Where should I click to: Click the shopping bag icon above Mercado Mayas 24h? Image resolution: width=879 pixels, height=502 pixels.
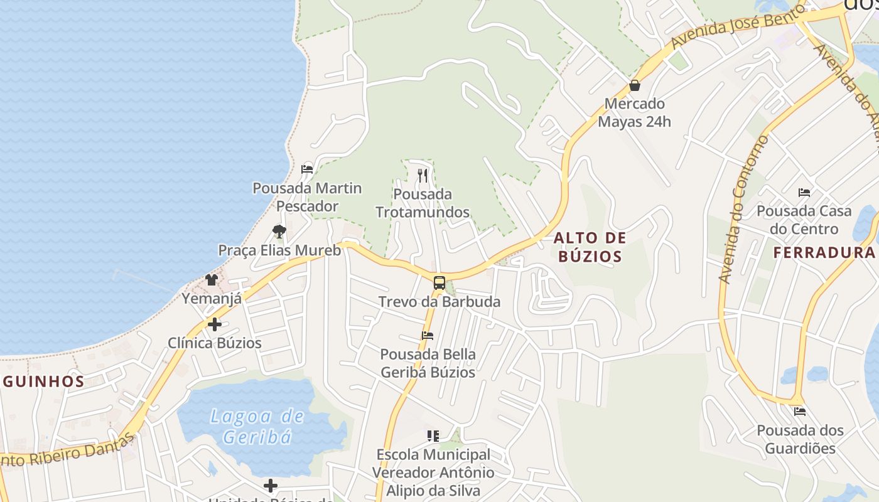[x=635, y=85]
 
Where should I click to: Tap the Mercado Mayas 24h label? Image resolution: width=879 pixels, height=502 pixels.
[x=634, y=112]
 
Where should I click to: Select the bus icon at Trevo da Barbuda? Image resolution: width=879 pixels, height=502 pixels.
[x=439, y=282]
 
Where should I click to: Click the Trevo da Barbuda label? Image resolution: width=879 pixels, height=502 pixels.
[x=439, y=302]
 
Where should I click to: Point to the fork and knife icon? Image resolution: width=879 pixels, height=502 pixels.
[x=423, y=176]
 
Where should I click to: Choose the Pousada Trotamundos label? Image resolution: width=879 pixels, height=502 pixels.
[x=423, y=203]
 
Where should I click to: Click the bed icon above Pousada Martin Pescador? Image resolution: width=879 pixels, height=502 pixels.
[x=307, y=169]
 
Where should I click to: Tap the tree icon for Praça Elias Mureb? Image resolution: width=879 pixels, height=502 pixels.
[x=279, y=232]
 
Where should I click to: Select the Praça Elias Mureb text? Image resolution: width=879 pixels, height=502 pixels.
[x=279, y=250]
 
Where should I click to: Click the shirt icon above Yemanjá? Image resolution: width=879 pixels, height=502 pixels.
[x=212, y=280]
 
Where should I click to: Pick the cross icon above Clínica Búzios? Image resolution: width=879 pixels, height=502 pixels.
[x=214, y=324]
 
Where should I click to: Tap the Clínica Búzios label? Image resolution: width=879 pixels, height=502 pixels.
[x=214, y=343]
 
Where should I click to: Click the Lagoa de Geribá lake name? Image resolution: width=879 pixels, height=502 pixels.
[x=257, y=426]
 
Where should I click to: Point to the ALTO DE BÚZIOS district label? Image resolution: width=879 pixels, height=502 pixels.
[x=590, y=247]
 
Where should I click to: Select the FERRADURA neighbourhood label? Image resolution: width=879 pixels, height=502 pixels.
[x=824, y=252]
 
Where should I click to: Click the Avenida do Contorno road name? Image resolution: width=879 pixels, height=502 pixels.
[x=743, y=209]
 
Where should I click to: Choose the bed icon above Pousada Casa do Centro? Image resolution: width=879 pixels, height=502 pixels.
[x=804, y=192]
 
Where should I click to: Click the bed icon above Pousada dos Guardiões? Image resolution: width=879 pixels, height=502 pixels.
[x=799, y=412]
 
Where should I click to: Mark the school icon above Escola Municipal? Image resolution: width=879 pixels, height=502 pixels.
[x=433, y=435]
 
